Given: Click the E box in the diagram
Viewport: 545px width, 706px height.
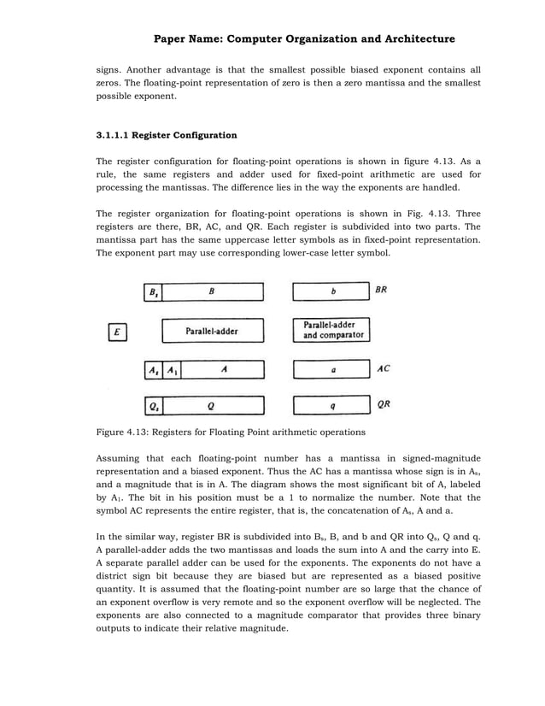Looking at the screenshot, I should tap(119, 331).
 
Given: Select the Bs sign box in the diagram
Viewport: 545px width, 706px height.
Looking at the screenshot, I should tap(153, 291).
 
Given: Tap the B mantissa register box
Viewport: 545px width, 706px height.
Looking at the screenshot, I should tap(213, 291).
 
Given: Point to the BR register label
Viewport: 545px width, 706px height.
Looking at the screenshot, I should tap(382, 291).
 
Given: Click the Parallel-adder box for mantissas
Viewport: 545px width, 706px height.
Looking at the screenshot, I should tap(213, 331).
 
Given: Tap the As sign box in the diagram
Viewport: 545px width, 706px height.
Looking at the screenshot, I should tap(153, 370).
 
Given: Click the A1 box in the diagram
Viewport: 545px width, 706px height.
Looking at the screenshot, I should tap(173, 370).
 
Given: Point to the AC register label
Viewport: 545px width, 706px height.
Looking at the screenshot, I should tap(384, 369).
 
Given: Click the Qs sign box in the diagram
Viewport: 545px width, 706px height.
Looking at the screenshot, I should tap(153, 405).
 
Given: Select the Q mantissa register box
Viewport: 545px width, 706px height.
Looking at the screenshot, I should tap(213, 405).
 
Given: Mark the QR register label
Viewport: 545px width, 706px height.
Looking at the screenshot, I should tap(384, 404).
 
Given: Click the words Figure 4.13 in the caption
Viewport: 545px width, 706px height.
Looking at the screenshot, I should tap(122, 432).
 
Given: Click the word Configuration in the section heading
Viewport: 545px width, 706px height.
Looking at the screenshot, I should tap(206, 135).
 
